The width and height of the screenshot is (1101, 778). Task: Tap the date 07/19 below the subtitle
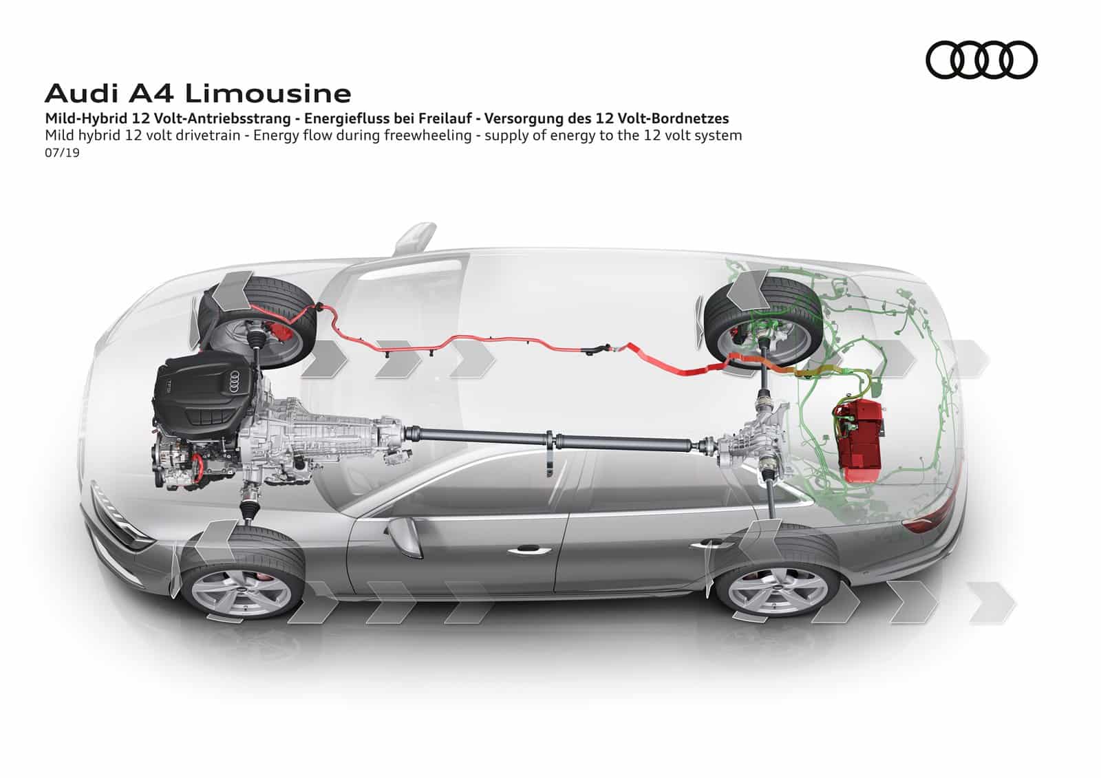(x=62, y=153)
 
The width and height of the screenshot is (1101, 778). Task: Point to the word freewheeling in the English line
(x=428, y=136)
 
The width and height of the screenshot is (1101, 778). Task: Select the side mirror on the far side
(x=416, y=237)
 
